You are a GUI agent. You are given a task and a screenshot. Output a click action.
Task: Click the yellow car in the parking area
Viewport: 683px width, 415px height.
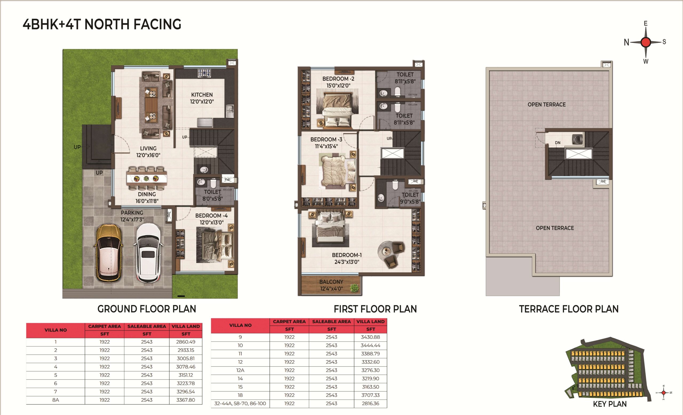(x=108, y=253)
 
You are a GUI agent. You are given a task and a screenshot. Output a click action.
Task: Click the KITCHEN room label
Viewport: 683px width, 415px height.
(x=202, y=95)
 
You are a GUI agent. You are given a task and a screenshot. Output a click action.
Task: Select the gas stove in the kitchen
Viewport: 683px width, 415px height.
(x=204, y=73)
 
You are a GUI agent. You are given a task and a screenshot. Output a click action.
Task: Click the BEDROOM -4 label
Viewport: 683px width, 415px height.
(x=212, y=216)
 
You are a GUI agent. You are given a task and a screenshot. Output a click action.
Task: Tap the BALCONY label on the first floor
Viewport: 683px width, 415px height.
(x=331, y=282)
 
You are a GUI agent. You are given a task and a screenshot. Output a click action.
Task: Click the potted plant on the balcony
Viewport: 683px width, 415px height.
(x=354, y=288)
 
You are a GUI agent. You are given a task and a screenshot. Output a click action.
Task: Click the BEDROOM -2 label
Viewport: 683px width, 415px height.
(x=338, y=79)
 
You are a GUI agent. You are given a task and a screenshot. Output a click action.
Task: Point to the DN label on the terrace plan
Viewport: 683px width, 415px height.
(x=557, y=143)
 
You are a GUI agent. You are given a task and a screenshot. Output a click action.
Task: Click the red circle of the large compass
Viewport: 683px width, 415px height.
(x=646, y=42)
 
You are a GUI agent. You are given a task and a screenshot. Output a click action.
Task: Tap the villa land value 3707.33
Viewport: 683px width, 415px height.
(x=371, y=395)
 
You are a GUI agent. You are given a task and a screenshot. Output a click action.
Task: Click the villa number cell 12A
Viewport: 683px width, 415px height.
(x=240, y=370)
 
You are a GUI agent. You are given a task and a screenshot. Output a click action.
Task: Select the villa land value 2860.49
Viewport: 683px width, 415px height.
(x=186, y=342)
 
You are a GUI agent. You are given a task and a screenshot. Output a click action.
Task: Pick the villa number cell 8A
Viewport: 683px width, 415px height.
(x=55, y=400)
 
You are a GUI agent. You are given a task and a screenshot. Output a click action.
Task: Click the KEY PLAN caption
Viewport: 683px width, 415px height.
(x=610, y=404)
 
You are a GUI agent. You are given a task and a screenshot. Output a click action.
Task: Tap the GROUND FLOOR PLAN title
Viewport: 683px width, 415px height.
(x=147, y=309)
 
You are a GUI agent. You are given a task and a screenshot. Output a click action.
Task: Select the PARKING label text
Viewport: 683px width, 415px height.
(x=132, y=213)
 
